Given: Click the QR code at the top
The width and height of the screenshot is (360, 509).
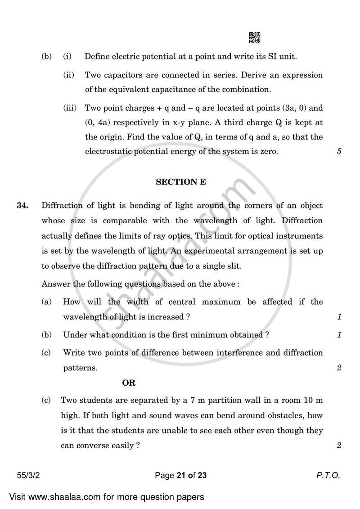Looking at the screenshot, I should [x=254, y=38].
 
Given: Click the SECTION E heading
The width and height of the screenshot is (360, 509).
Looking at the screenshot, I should [x=180, y=182].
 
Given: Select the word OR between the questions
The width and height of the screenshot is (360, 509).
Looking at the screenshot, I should [x=129, y=383].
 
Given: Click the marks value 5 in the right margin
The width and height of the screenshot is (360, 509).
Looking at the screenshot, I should [x=339, y=152].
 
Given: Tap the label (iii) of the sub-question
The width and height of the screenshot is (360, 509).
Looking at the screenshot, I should [x=70, y=108].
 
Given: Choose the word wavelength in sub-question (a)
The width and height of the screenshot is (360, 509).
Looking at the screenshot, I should [x=84, y=317].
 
